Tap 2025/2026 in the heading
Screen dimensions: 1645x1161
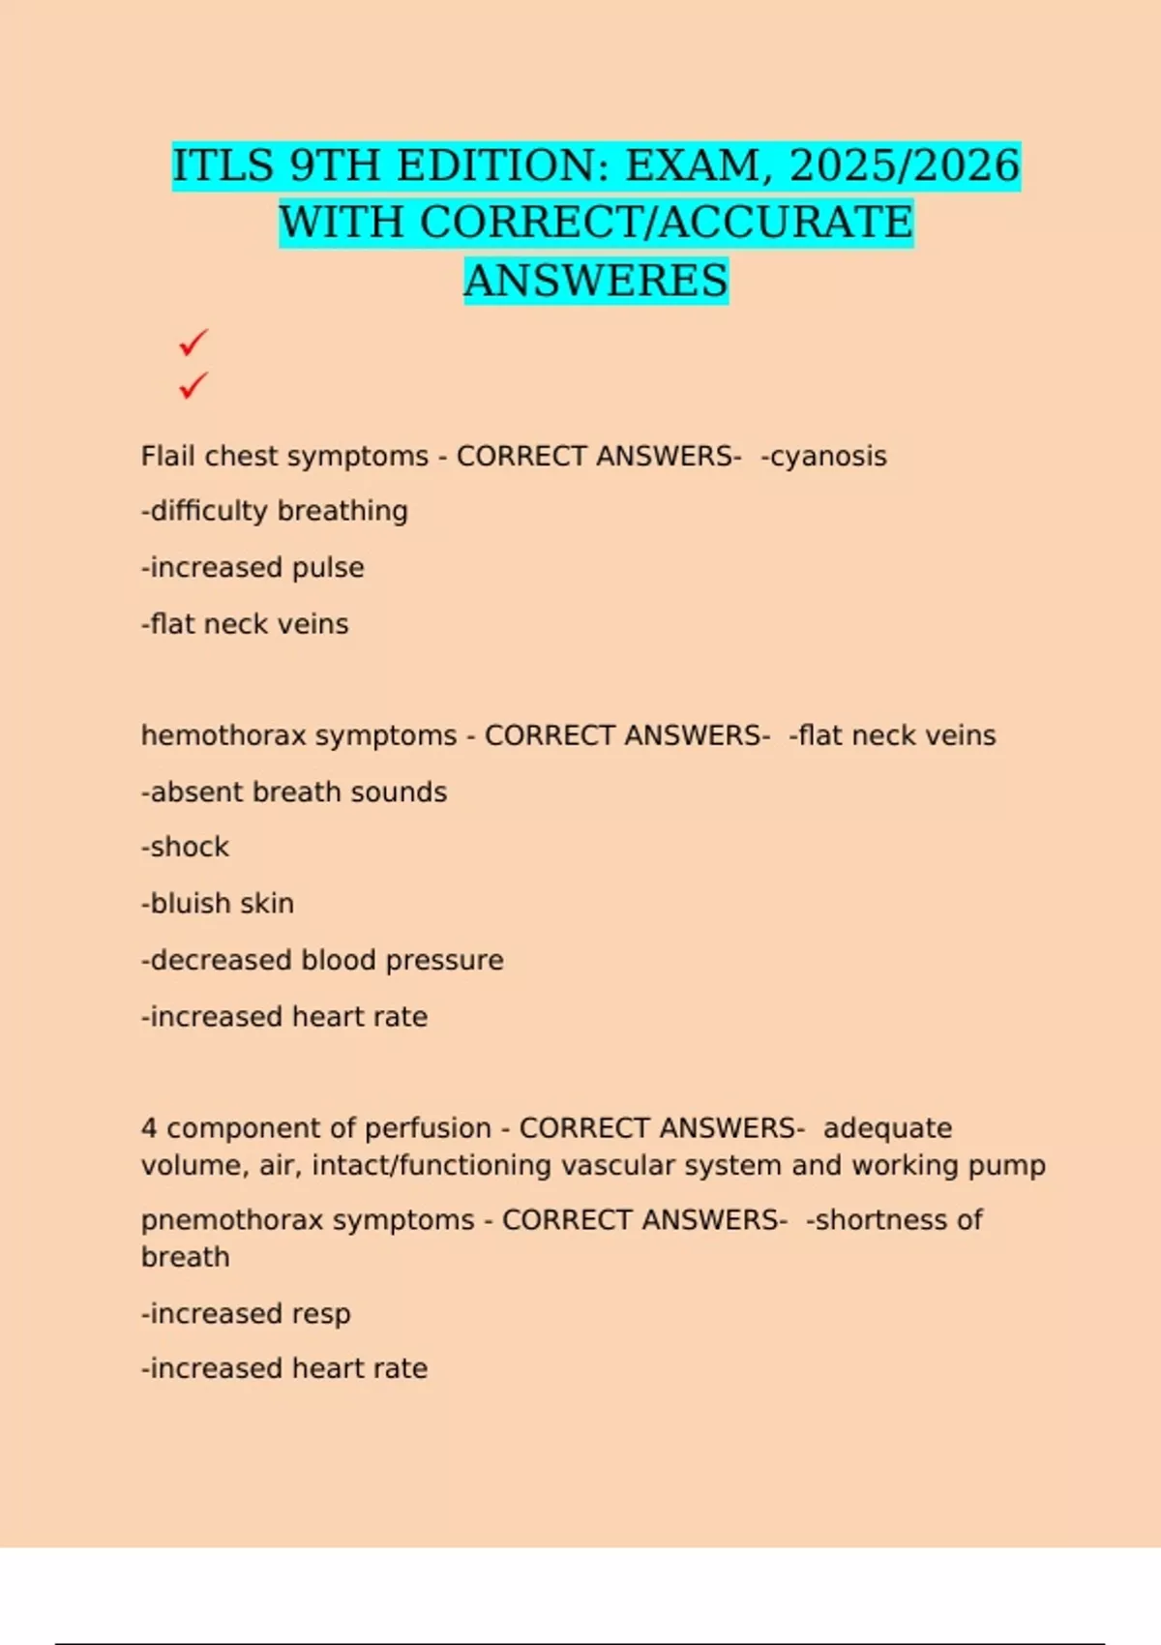coord(905,166)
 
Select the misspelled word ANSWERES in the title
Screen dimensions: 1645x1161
coord(596,282)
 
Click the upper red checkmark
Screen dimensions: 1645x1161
coord(193,343)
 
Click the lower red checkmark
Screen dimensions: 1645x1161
coord(193,386)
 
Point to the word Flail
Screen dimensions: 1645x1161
coord(168,456)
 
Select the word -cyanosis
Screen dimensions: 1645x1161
coord(824,456)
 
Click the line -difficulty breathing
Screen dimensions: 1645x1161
coord(275,511)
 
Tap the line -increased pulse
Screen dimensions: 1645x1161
coord(253,567)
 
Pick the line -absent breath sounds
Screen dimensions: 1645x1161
coord(294,792)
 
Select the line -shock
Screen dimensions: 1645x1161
coord(185,847)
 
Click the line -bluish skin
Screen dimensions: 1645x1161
coord(218,903)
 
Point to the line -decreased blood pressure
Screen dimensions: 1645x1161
coord(322,960)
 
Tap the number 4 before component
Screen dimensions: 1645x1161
coord(149,1128)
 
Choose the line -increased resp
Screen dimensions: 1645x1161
coord(246,1313)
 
